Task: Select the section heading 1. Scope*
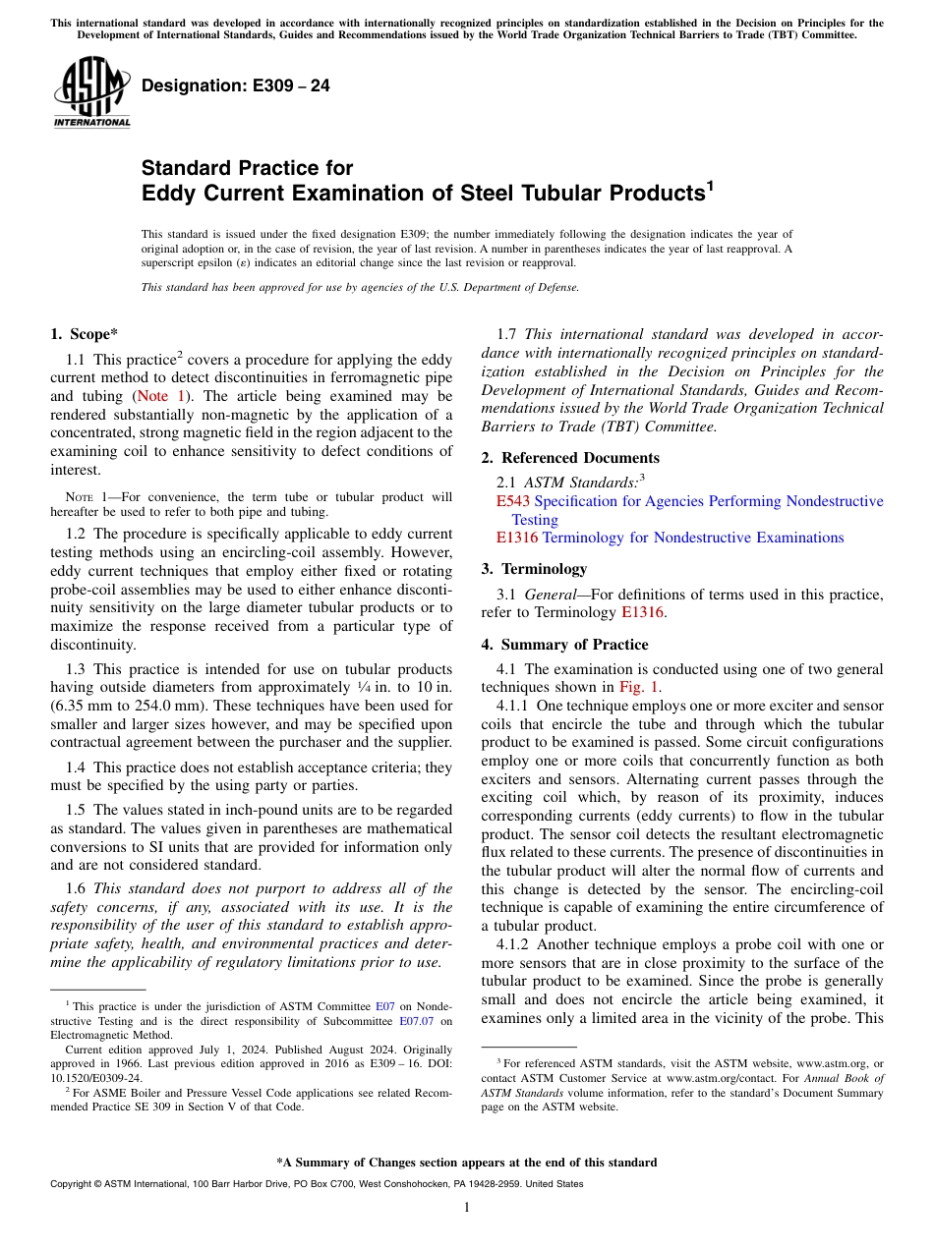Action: [85, 334]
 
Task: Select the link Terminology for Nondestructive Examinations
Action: [692, 538]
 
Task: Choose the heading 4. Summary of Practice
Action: [564, 645]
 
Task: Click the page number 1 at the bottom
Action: [467, 1208]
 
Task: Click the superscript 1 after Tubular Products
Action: [710, 185]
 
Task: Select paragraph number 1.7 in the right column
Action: [508, 335]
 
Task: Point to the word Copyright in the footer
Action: [72, 1184]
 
